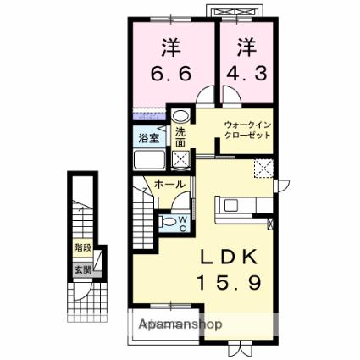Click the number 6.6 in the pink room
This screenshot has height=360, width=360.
tap(171, 74)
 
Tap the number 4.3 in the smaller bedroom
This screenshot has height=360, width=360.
tap(246, 74)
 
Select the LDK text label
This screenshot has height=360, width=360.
tap(229, 257)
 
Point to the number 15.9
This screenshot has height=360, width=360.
tap(229, 283)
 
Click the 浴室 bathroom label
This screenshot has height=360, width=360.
tap(149, 138)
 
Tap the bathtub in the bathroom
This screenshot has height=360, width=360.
tap(149, 160)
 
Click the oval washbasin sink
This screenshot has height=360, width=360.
tap(180, 116)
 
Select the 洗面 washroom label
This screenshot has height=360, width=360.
tap(180, 137)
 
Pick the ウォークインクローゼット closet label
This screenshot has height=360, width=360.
tap(247, 130)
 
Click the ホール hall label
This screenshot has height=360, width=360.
tap(169, 185)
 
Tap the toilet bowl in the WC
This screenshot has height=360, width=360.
tap(169, 222)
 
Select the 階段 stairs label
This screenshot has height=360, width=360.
tap(83, 247)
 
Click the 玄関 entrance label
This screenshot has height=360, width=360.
tap(83, 269)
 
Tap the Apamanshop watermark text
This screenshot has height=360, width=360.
tap(180, 324)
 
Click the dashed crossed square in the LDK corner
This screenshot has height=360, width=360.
tap(263, 169)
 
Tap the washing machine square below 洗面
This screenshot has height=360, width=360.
tap(180, 159)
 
